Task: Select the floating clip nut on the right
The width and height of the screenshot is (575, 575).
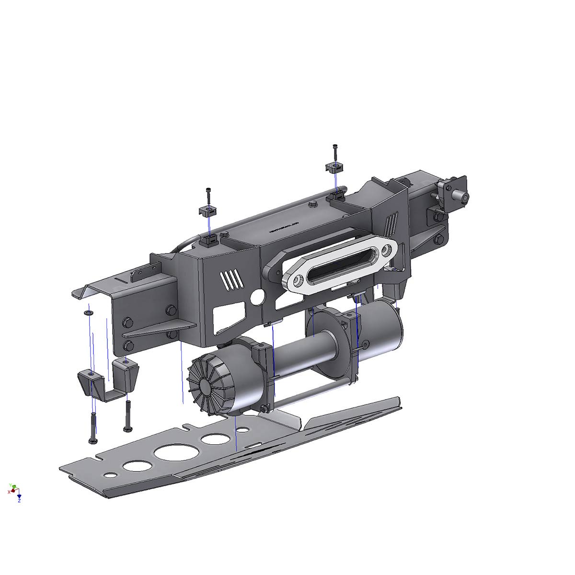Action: (334, 168)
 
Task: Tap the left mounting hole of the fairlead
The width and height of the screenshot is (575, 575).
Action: (299, 278)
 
